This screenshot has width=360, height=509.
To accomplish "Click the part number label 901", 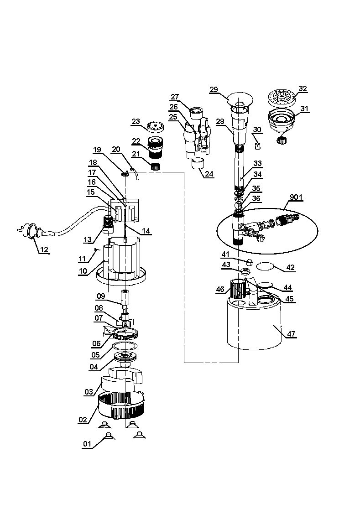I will [x=296, y=197].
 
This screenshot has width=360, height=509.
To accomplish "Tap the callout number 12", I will [x=44, y=249].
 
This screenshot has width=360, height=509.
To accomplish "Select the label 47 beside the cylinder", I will [x=291, y=334].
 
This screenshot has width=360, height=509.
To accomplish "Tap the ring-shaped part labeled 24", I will [x=198, y=163].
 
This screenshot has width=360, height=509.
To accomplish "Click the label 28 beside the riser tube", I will [x=221, y=122].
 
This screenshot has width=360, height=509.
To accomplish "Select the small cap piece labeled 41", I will [x=249, y=261].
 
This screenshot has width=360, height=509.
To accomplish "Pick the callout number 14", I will [x=146, y=231].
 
